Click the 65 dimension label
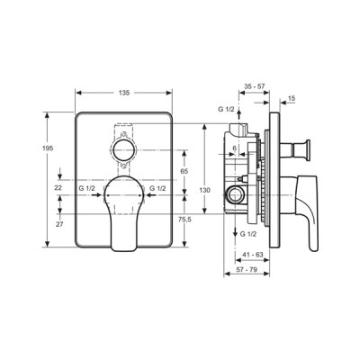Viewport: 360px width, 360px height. pyautogui.click(x=184, y=170)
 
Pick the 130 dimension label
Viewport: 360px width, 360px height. pyautogui.click(x=205, y=190)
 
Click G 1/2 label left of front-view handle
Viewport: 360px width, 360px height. pyautogui.click(x=87, y=189)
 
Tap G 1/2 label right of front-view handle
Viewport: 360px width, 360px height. pyautogui.click(x=156, y=189)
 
